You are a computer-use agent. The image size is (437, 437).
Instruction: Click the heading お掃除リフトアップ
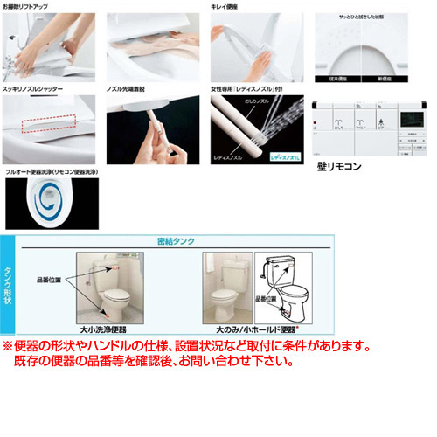(26, 7)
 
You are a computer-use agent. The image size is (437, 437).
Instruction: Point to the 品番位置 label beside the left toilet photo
(49, 280)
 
